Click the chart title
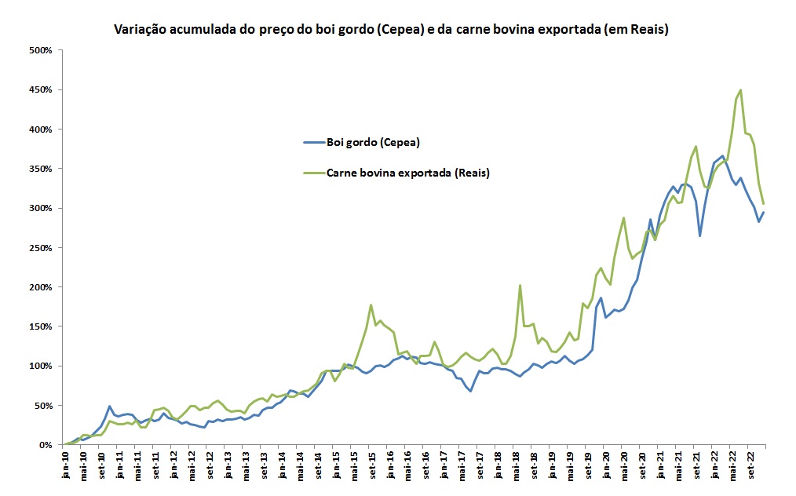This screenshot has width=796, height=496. pyautogui.click(x=390, y=30)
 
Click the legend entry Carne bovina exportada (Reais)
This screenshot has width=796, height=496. pyautogui.click(x=397, y=173)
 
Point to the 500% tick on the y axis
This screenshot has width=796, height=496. pyautogui.click(x=40, y=50)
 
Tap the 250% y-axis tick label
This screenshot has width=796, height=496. pyautogui.click(x=40, y=247)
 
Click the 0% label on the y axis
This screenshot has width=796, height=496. pyautogui.click(x=45, y=444)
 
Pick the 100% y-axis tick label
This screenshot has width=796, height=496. pyautogui.click(x=40, y=366)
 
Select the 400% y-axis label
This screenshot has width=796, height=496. pyautogui.click(x=40, y=129)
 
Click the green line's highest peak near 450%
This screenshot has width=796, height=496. pyautogui.click(x=740, y=90)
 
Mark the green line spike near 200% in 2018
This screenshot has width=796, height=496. pyautogui.click(x=520, y=286)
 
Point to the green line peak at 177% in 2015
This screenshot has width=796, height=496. pyautogui.click(x=371, y=305)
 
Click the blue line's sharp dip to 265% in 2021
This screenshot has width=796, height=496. pyautogui.click(x=699, y=235)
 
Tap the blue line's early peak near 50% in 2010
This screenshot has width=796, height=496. pyautogui.click(x=110, y=406)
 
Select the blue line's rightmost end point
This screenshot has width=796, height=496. pyautogui.click(x=764, y=213)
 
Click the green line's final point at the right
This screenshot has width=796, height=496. pyautogui.click(x=764, y=204)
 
